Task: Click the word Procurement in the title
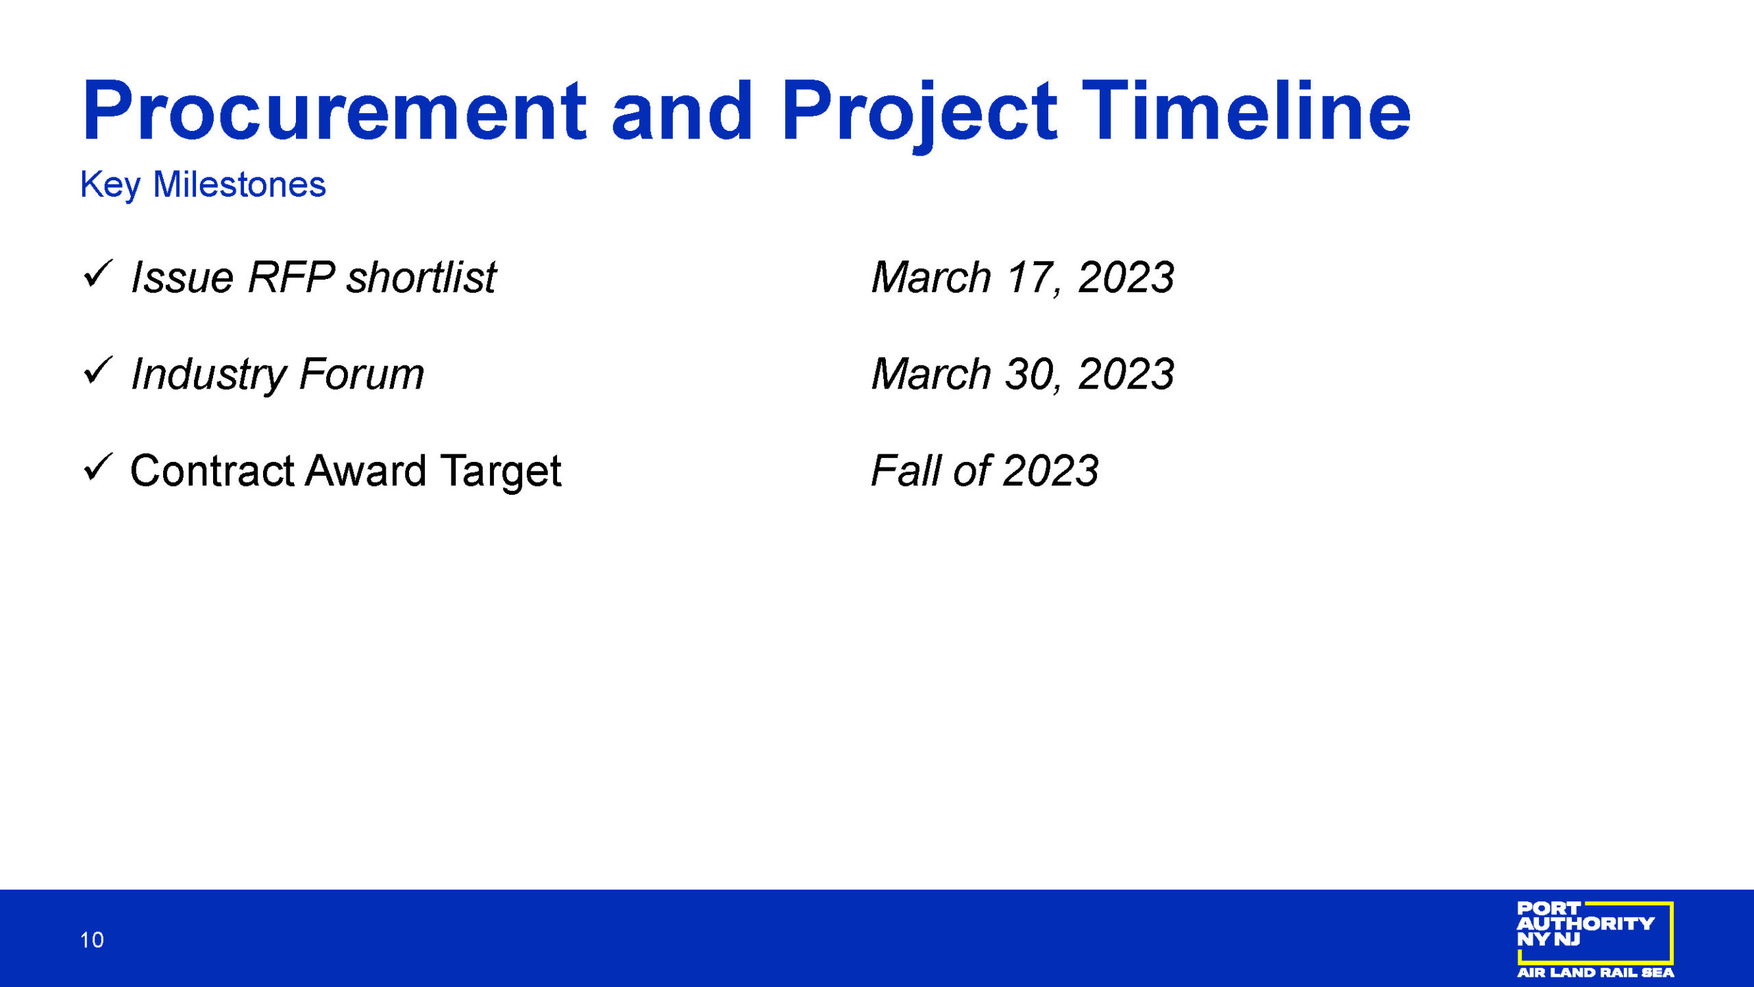pyautogui.click(x=334, y=110)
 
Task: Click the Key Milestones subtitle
pyautogui.click(x=203, y=185)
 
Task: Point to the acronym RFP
pyautogui.click(x=291, y=277)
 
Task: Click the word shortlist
pyautogui.click(x=421, y=277)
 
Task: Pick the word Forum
pyautogui.click(x=362, y=374)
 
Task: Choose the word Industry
pyautogui.click(x=208, y=376)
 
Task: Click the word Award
pyautogui.click(x=366, y=471)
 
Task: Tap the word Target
pyautogui.click(x=501, y=473)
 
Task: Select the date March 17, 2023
pyautogui.click(x=1022, y=278)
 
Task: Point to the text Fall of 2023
pyautogui.click(x=985, y=471)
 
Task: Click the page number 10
pyautogui.click(x=92, y=940)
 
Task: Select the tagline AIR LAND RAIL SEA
pyautogui.click(x=1595, y=973)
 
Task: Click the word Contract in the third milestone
pyautogui.click(x=212, y=471)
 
